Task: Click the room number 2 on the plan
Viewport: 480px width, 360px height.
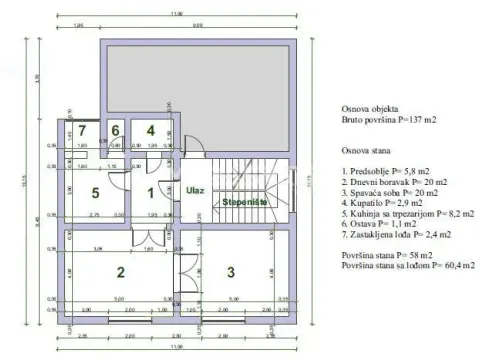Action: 121,271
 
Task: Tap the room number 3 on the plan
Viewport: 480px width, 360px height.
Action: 229,271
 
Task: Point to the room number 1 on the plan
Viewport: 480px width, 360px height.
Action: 151,193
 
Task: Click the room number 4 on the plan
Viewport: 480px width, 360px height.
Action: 149,130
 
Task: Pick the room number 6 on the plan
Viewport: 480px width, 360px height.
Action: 115,130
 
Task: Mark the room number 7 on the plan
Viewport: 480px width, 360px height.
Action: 83,130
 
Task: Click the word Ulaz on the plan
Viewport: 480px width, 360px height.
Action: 195,189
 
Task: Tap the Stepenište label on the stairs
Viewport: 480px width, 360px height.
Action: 243,201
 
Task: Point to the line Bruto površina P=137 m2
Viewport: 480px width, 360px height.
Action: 383,119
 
